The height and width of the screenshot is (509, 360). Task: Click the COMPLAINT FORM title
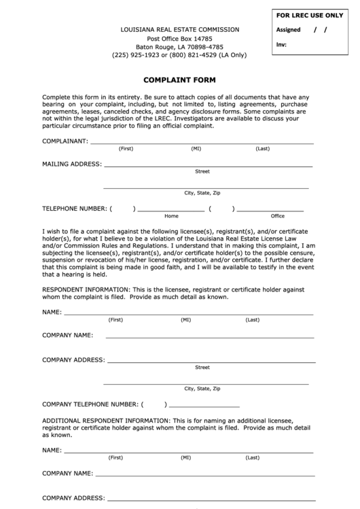(179, 80)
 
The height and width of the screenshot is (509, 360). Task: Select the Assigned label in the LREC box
(289, 31)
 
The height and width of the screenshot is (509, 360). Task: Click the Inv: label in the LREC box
(281, 45)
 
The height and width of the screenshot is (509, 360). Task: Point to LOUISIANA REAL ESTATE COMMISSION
(179, 29)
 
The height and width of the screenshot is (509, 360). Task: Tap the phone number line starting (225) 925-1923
(179, 55)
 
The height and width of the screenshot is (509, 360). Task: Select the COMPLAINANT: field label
(65, 141)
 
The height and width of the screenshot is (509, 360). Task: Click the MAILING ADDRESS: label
(72, 164)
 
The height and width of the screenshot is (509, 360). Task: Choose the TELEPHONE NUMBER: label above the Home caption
(74, 209)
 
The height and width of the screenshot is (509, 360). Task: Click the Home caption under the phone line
(171, 216)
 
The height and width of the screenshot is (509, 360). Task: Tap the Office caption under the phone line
(278, 216)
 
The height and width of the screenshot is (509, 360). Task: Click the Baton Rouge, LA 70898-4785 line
(179, 47)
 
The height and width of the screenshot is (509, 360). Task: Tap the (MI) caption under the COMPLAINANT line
(196, 149)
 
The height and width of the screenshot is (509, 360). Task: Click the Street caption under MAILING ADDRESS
(202, 171)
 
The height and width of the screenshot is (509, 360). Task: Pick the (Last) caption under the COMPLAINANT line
(263, 149)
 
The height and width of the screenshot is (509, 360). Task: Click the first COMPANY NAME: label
(67, 336)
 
